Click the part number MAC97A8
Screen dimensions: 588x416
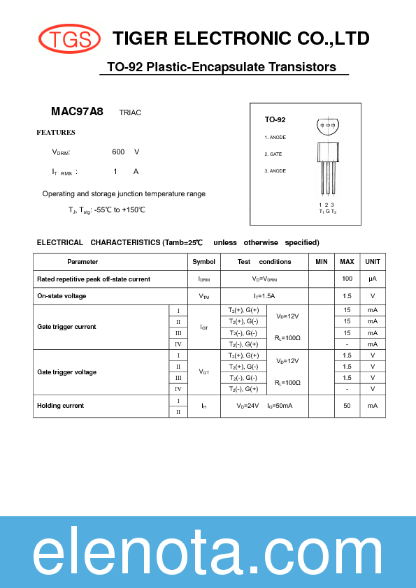(x=77, y=111)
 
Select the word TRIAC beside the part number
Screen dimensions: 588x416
(x=130, y=112)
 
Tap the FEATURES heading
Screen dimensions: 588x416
(x=56, y=132)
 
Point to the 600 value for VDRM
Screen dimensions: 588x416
(x=118, y=152)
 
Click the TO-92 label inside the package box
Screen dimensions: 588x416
(x=275, y=120)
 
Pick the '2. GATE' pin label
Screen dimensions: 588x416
(x=273, y=154)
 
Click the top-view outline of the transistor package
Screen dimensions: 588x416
(x=329, y=126)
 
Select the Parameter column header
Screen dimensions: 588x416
(x=83, y=262)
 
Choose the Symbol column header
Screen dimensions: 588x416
(x=203, y=262)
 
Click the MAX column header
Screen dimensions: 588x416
(x=347, y=262)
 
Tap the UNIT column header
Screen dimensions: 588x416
(x=373, y=262)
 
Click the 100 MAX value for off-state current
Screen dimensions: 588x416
(x=347, y=279)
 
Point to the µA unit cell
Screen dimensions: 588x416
(x=373, y=279)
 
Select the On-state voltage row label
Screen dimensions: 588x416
(x=62, y=296)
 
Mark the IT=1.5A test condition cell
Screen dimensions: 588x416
(x=264, y=296)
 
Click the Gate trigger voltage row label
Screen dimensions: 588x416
(x=67, y=372)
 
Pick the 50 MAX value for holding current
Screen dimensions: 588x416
(x=347, y=406)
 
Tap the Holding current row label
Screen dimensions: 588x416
(x=61, y=406)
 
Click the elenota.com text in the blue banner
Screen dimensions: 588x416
(x=208, y=554)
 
